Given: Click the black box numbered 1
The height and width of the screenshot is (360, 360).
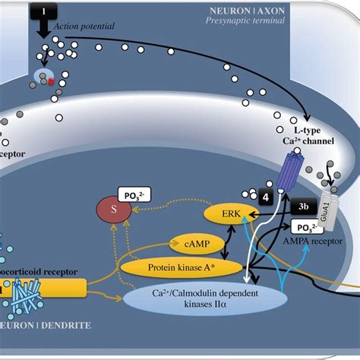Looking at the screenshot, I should [44, 11].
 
